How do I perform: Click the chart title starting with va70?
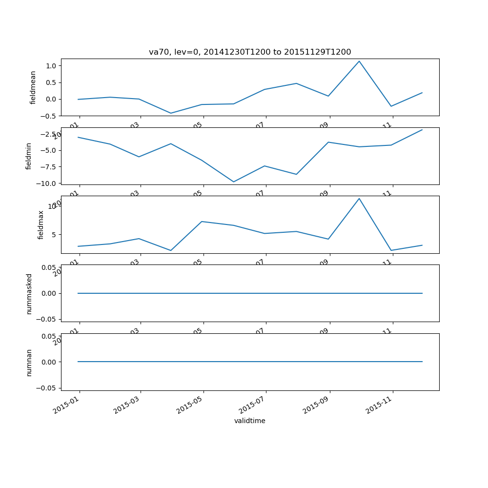(x=250, y=52)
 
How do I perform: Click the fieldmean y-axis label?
(x=33, y=87)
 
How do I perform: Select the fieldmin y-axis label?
(x=29, y=156)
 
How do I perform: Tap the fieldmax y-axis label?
(x=41, y=224)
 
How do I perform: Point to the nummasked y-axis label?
(x=29, y=293)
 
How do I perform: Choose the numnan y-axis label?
(x=29, y=362)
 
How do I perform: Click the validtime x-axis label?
(x=250, y=421)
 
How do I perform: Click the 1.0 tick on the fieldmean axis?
(x=51, y=66)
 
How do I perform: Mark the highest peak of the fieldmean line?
(x=360, y=61)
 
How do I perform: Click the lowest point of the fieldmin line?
(x=234, y=182)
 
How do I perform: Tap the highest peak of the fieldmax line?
(x=360, y=198)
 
